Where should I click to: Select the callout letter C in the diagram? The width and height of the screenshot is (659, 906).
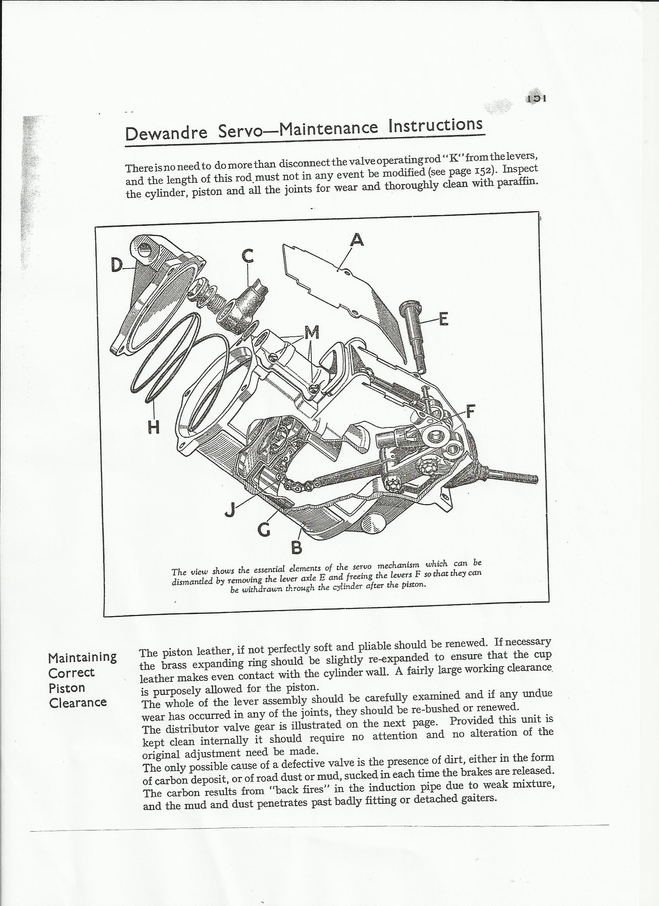coord(248,256)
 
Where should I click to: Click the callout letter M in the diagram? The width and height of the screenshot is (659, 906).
coord(312,332)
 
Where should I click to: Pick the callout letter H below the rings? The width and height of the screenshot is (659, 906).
coord(154,427)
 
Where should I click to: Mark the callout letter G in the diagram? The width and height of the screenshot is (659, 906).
coord(264,530)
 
